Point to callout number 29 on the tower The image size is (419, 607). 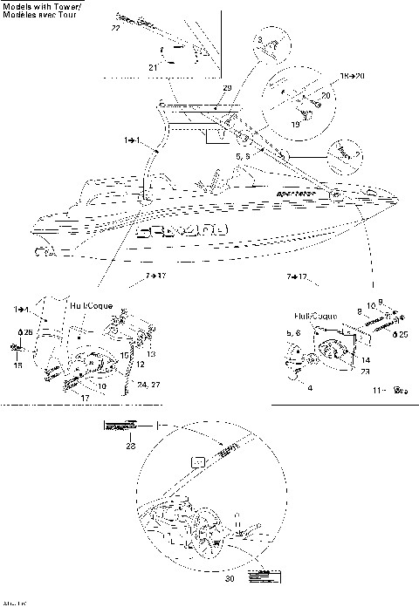pos(228,91)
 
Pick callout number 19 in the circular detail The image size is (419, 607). pos(295,125)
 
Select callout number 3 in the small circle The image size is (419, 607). pos(259,40)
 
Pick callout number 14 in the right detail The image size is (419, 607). pos(365,358)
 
